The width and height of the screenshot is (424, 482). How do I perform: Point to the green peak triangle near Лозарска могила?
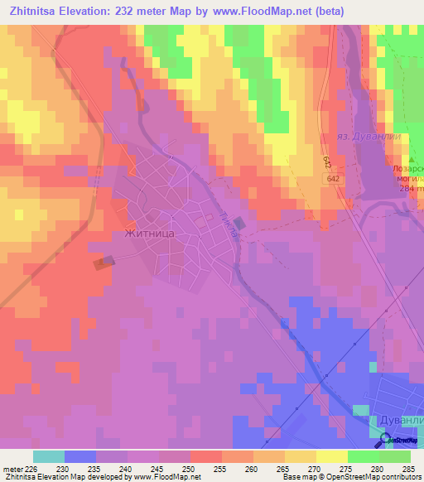coord(412,159)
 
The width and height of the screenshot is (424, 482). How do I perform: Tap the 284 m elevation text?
coord(411,190)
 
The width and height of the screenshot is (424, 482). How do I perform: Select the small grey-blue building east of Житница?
coord(239,223)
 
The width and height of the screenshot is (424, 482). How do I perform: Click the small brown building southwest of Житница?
coord(104,263)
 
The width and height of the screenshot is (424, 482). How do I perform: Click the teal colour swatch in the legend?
coord(49,456)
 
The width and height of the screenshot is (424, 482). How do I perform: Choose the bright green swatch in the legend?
coord(364,456)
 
